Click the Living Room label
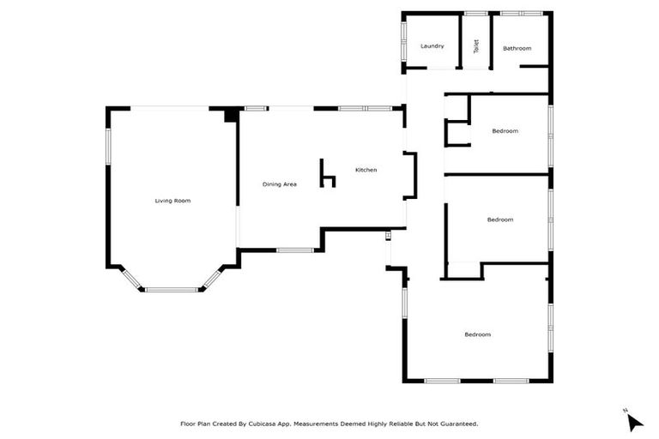[x=172, y=201]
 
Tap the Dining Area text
[x=279, y=184]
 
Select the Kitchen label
[x=366, y=170]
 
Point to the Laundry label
[x=432, y=45]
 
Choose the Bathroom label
[x=517, y=48]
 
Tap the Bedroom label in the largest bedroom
[x=478, y=334]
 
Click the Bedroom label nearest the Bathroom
[x=505, y=130]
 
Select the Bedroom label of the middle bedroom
[x=499, y=219]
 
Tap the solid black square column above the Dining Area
[x=231, y=115]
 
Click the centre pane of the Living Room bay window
[x=172, y=290]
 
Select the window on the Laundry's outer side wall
[x=403, y=41]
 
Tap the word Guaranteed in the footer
[x=458, y=424]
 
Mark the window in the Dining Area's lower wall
[x=294, y=250]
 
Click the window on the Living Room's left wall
[x=107, y=145]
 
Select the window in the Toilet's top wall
[x=475, y=13]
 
